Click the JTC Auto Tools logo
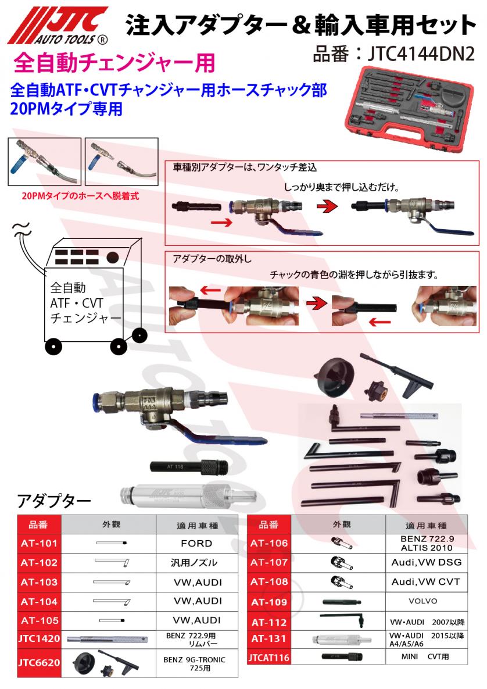58,26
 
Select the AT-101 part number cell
39,544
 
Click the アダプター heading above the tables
54,501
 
